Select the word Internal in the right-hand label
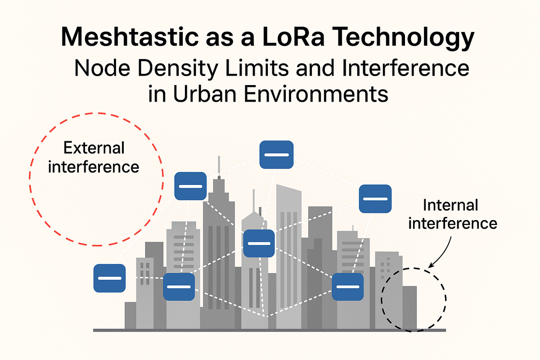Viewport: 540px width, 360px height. [450, 206]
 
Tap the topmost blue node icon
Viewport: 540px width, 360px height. [276, 155]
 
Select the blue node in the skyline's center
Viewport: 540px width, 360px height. [258, 243]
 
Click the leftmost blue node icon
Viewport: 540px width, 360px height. [109, 278]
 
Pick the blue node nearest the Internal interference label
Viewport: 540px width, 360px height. [375, 198]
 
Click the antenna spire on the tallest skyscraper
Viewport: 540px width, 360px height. [219, 166]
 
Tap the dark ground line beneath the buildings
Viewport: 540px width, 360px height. [270, 330]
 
